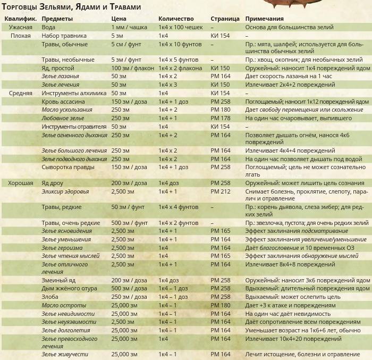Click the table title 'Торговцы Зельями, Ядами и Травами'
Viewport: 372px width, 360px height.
click(71, 7)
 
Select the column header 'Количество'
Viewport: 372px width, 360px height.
click(175, 19)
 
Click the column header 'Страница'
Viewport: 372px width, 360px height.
click(225, 19)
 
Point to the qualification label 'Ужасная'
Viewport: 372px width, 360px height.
click(21, 27)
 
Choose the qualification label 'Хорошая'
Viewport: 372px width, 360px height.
click(21, 183)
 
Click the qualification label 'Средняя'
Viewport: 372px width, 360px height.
click(21, 93)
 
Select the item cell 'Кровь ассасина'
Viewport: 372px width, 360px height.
click(63, 102)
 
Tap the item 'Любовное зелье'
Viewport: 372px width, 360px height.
click(63, 118)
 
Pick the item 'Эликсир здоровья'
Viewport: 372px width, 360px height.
click(65, 191)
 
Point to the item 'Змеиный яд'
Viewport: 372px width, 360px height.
click(58, 280)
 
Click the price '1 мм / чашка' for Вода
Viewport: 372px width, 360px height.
click(129, 27)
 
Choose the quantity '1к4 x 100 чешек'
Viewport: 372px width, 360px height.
click(180, 27)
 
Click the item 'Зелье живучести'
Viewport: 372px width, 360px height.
click(65, 354)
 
